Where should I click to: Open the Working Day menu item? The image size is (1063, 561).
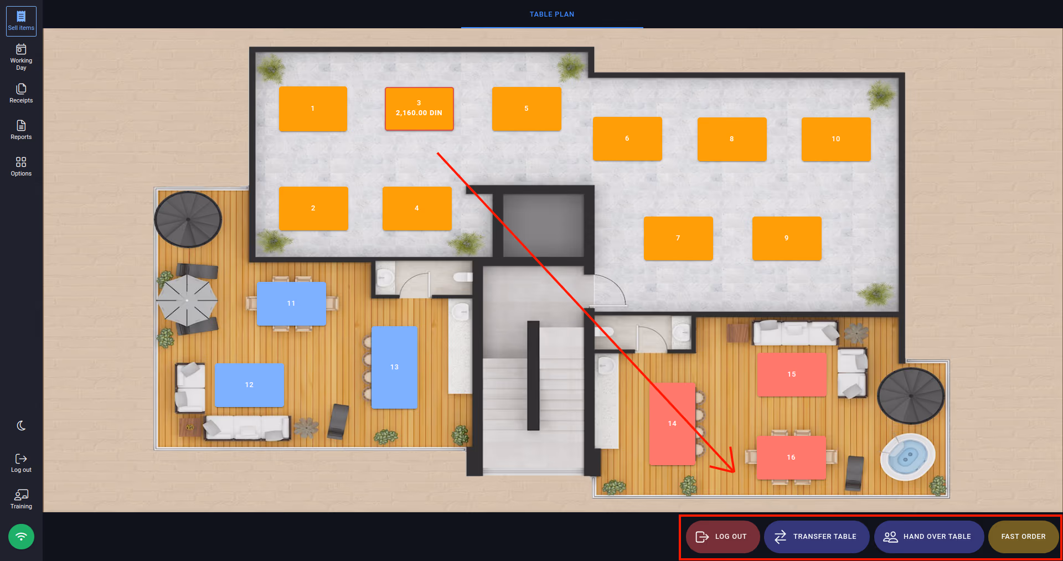click(x=21, y=57)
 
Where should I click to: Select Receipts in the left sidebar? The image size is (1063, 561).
click(x=21, y=93)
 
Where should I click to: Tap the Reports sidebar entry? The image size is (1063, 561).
click(x=21, y=130)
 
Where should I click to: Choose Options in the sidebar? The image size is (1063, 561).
click(x=21, y=166)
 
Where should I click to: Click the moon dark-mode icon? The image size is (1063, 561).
click(x=21, y=425)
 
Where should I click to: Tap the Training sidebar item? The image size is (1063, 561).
click(x=21, y=499)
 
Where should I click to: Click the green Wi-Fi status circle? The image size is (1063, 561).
click(x=21, y=537)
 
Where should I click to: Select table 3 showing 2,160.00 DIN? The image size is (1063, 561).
click(x=419, y=109)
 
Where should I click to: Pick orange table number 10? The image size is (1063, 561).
click(x=836, y=139)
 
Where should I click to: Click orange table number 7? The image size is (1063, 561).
click(x=678, y=238)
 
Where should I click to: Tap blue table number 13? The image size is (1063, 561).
click(x=394, y=367)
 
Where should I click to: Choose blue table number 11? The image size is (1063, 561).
click(x=291, y=303)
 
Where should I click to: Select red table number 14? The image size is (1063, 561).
click(x=672, y=424)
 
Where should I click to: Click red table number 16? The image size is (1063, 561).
click(x=791, y=457)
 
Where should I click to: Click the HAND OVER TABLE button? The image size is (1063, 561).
click(x=928, y=537)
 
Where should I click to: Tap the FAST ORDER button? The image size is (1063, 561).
click(x=1023, y=537)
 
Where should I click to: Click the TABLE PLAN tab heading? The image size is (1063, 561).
click(x=552, y=14)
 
